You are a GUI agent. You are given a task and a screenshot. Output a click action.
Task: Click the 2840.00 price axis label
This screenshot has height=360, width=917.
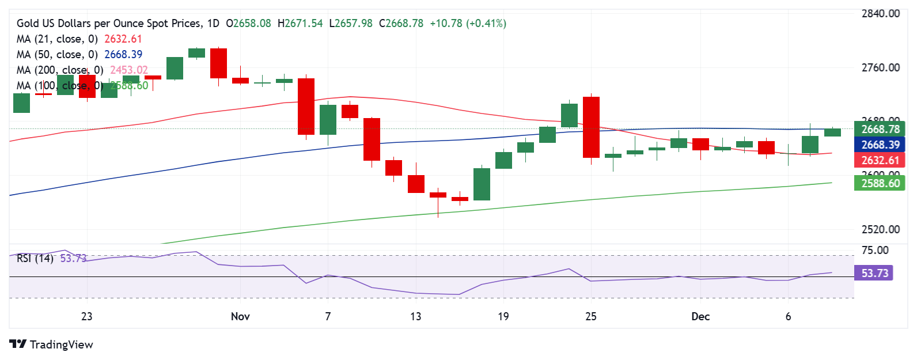(x=880, y=14)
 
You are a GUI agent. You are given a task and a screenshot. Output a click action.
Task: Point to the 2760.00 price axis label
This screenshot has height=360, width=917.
(x=880, y=68)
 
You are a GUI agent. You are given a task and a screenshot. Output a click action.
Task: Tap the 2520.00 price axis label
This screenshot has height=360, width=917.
(x=880, y=229)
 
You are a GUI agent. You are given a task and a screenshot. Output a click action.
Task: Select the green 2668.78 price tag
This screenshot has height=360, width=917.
(x=880, y=130)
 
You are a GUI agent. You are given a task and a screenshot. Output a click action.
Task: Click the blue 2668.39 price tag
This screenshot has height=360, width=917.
(x=880, y=145)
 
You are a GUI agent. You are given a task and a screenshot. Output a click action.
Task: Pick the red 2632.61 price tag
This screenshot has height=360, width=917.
(x=880, y=160)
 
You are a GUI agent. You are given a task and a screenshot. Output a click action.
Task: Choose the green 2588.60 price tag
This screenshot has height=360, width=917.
(x=880, y=183)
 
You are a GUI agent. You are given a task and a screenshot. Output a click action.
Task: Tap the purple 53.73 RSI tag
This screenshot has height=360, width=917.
(x=874, y=273)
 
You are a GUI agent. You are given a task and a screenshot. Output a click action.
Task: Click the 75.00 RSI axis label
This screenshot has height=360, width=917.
(x=874, y=250)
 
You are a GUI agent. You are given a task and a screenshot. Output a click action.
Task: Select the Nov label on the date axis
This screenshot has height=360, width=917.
(x=240, y=316)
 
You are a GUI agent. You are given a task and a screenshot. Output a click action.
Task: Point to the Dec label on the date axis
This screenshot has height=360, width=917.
(x=700, y=316)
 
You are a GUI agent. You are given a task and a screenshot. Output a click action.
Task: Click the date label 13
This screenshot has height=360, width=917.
(x=415, y=316)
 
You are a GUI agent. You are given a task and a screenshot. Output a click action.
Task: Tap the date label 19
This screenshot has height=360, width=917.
(x=503, y=316)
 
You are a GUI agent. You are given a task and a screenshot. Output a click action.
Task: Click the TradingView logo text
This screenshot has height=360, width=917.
(x=61, y=344)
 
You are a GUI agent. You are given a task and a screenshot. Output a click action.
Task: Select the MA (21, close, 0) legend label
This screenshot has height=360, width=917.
(x=57, y=39)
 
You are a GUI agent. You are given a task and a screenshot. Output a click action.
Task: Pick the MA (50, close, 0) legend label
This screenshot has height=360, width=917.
(x=57, y=55)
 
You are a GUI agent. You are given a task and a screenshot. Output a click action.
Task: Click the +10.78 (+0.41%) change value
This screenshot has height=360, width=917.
(x=468, y=24)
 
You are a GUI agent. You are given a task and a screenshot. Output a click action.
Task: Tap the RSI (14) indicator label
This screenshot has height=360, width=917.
(x=35, y=258)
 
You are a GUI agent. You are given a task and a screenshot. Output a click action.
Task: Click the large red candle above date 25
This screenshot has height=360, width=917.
(x=591, y=127)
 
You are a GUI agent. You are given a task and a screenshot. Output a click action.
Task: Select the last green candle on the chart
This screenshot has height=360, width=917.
(x=832, y=132)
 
